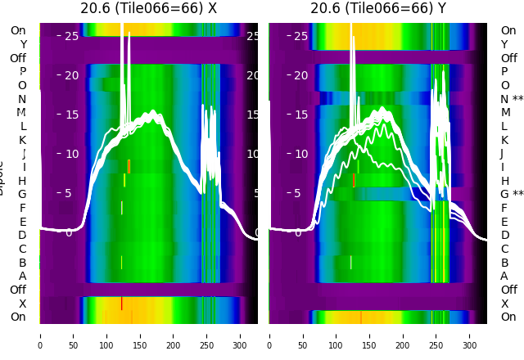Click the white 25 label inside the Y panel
coord(300,36)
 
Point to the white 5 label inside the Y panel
coord(298,194)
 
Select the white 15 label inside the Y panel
coord(300,115)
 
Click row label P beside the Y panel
coord(504,72)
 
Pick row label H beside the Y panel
coord(504,181)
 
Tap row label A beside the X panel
coord(22,277)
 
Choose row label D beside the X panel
coord(22,236)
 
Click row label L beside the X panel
coord(22,126)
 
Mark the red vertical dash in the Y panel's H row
coord(354,180)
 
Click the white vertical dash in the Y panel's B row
coord(351,263)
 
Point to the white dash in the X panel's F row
coord(121,208)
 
